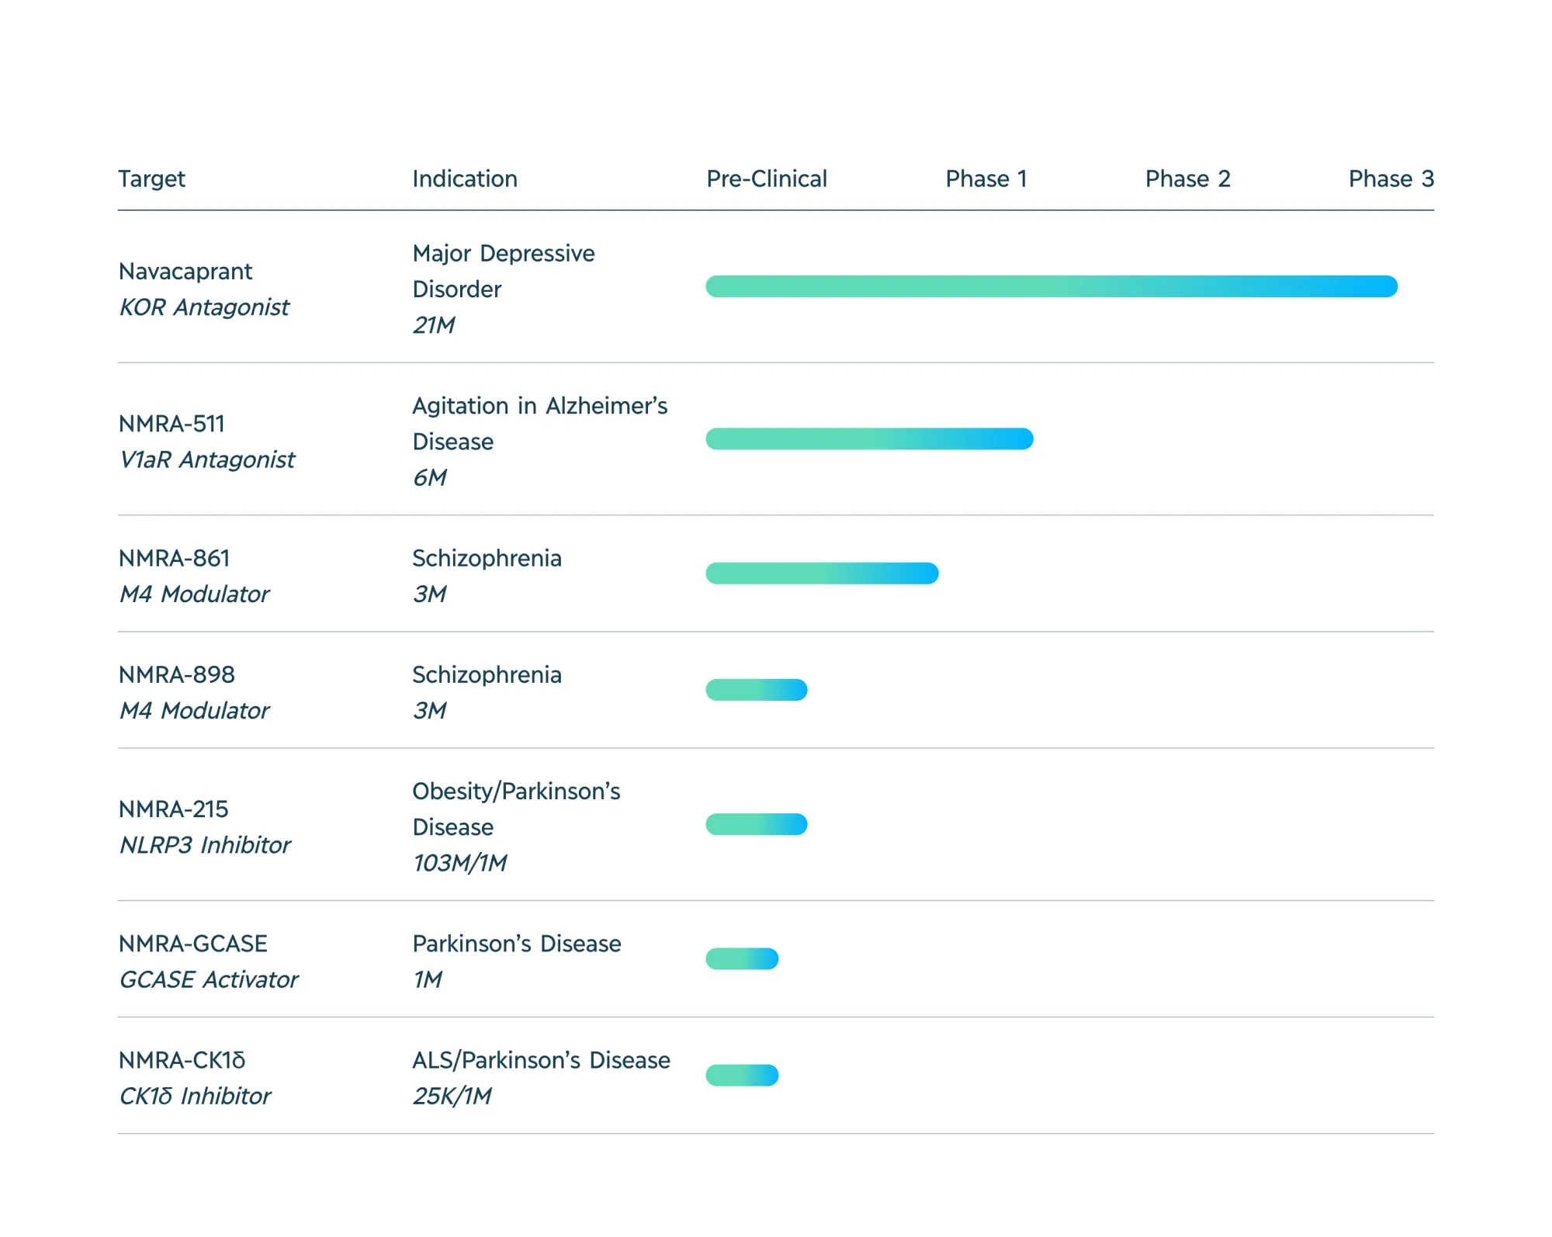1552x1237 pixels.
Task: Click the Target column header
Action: pos(151,179)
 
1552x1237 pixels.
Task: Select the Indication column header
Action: pos(464,179)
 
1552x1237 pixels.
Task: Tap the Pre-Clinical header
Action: pos(766,179)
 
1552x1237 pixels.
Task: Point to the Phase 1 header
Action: pos(986,179)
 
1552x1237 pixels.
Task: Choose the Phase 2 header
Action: pos(1187,179)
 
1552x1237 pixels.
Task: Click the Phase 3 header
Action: pos(1391,179)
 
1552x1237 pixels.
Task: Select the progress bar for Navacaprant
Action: pos(1051,286)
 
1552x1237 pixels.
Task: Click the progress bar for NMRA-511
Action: pos(869,439)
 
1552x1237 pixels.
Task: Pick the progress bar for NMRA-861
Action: pos(822,573)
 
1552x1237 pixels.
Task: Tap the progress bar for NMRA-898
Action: pos(757,690)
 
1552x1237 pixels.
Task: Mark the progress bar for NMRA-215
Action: pos(757,824)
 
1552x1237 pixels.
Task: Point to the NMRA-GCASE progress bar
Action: pos(742,959)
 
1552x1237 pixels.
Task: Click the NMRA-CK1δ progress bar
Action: pos(742,1076)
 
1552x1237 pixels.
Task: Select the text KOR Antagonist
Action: pos(204,307)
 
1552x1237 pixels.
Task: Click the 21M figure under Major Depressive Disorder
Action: pos(434,325)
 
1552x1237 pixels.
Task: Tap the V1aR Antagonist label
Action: pos(206,460)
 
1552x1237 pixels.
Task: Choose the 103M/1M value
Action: pos(459,863)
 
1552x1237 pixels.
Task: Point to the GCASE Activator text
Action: pos(208,980)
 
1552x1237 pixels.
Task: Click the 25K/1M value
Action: pos(452,1097)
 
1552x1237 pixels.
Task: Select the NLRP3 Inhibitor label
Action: pos(205,845)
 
